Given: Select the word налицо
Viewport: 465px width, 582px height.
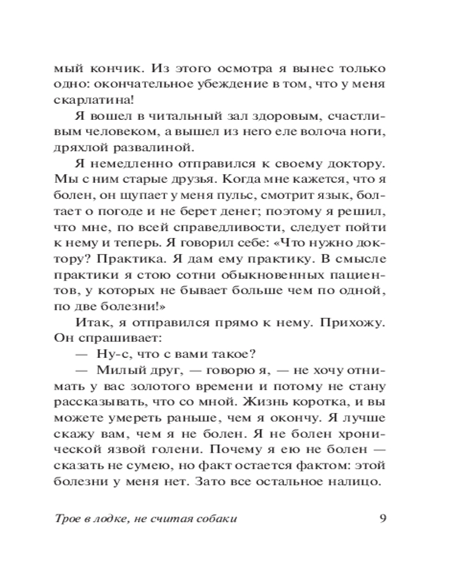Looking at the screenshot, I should (x=359, y=481).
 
